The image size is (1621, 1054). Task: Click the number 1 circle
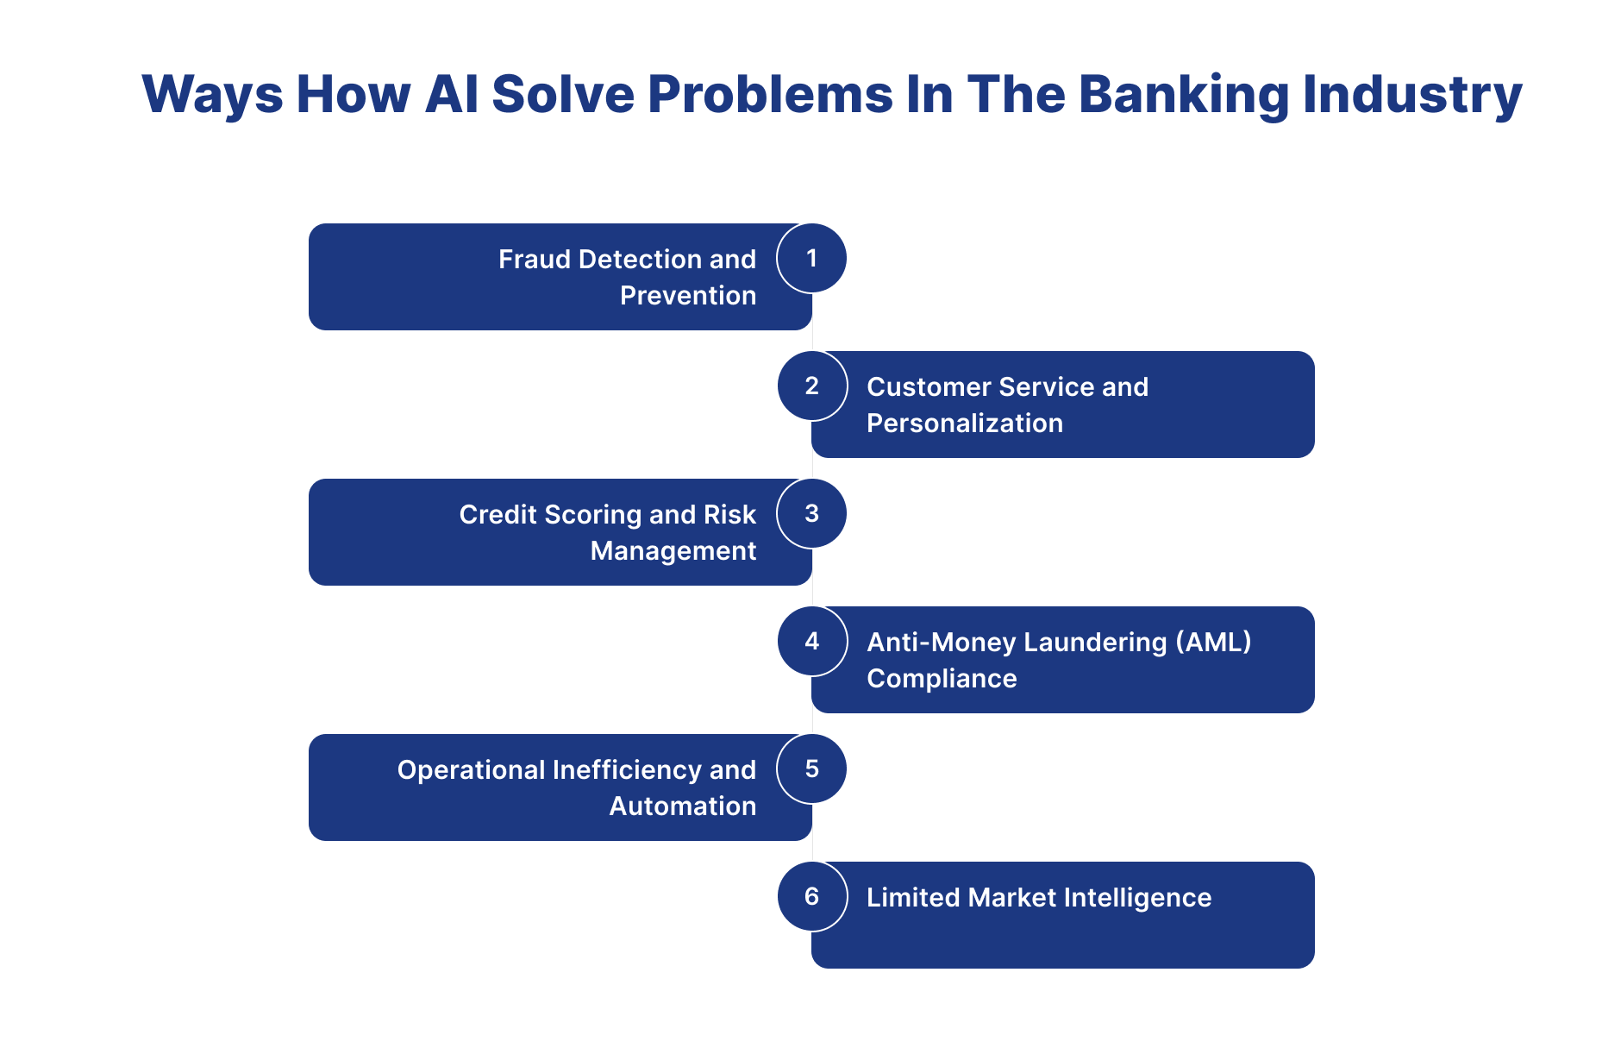click(x=811, y=258)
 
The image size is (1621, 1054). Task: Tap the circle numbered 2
click(x=811, y=386)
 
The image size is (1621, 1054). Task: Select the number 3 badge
click(x=811, y=513)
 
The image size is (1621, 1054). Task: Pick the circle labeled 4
click(x=811, y=641)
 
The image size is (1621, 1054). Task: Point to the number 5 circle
click(x=811, y=769)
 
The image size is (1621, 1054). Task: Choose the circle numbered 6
click(x=811, y=896)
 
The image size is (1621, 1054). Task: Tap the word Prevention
click(x=687, y=296)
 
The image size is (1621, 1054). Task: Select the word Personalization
click(x=964, y=423)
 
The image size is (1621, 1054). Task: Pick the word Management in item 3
click(x=673, y=551)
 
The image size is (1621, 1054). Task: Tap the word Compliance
click(x=942, y=679)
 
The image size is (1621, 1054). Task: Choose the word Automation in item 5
click(x=682, y=806)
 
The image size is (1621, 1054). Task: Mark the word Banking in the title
click(x=1183, y=94)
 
